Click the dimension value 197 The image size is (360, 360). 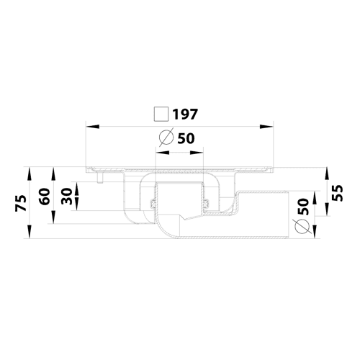pos(185,114)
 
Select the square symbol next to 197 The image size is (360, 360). pos(161,114)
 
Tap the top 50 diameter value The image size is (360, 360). pos(186,138)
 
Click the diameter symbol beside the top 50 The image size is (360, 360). pos(166,138)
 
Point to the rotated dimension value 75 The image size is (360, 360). pos(21,203)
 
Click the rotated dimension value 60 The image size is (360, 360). pos(45,197)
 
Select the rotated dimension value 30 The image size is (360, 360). pos(66,197)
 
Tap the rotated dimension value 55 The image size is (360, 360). pos(338,193)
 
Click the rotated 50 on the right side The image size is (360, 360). pos(303,207)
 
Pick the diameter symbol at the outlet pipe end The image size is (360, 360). pos(302,226)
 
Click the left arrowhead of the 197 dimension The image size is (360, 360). pos(93,127)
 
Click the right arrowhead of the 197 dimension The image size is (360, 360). pos(266,127)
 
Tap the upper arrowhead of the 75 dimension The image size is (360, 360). pos(30,174)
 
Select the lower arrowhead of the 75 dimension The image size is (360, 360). pos(30,232)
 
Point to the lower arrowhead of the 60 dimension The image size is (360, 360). pos(53,217)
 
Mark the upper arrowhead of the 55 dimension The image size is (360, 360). pos(327,174)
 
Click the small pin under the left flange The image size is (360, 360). pos(100,177)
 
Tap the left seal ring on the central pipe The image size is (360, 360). pos(153,204)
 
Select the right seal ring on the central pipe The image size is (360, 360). pos(206,204)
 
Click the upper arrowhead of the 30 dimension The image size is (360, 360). pos(77,189)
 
